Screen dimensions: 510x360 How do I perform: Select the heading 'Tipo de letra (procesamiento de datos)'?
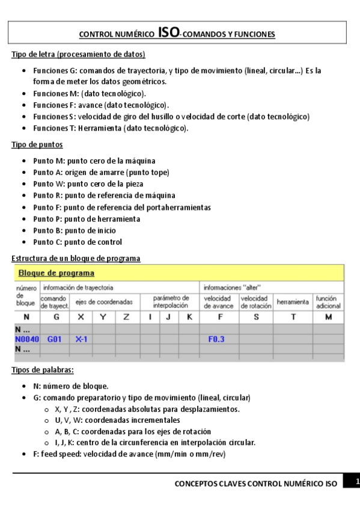point(78,55)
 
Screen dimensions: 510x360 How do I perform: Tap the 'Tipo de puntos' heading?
point(37,145)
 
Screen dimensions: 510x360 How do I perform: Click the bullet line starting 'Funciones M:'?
point(90,94)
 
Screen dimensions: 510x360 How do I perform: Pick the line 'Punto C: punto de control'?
point(78,242)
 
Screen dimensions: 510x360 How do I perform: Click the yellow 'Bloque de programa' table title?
point(52,272)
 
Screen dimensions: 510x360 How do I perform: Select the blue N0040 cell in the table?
point(27,339)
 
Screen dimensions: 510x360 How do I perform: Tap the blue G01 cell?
point(55,339)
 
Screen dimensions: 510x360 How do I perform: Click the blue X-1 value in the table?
point(81,339)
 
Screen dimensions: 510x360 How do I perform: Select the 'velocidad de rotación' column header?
point(256,302)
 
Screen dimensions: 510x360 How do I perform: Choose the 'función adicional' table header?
point(328,302)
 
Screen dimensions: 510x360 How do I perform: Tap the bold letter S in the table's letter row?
point(256,317)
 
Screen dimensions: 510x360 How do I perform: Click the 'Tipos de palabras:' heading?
point(43,370)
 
